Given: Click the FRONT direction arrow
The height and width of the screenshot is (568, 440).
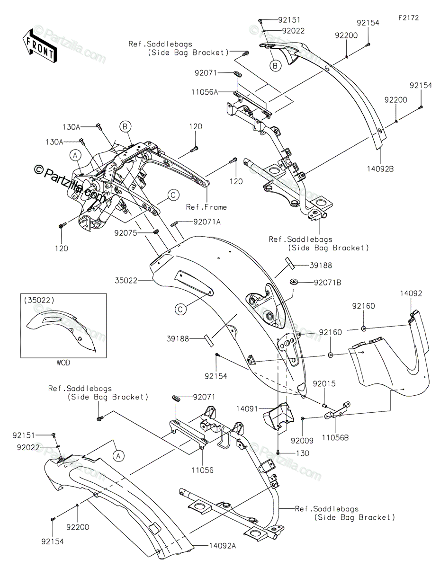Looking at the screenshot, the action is coord(39,47).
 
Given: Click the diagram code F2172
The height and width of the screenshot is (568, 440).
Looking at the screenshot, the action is coord(409,18).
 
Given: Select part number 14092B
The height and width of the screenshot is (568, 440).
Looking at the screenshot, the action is coord(380,169).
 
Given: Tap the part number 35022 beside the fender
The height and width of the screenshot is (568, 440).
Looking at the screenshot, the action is coord(126,281).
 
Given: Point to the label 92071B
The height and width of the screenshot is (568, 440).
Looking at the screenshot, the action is coord(327,283).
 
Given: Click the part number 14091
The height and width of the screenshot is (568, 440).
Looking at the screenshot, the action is coord(247,409).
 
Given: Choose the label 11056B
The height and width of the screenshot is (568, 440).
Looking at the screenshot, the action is coord(335,437).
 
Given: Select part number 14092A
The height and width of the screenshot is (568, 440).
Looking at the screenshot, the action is coord(223,546).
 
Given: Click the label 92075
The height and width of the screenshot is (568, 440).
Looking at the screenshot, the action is coord(126,233).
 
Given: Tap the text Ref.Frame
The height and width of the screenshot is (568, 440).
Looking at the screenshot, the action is coord(207,207).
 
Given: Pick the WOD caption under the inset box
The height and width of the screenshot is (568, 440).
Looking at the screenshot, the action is coord(63,363).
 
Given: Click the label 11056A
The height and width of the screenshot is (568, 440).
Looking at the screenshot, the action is coord(205,92).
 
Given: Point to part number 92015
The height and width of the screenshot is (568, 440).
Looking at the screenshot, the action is coord(324,384).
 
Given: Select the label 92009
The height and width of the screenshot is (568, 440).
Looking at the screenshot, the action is coord(302,441).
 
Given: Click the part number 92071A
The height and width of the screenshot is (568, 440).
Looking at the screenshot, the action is coord(207,222).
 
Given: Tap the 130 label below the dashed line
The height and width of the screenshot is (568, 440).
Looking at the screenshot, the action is coord(302,453).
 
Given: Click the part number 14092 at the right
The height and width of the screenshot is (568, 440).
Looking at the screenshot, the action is coord(411,293).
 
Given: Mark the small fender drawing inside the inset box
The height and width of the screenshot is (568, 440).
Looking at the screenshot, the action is coord(61,330).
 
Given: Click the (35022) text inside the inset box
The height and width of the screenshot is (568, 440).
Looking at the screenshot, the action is coord(39,301).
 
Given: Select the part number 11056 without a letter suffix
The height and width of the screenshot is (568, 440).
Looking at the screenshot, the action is coord(202,470).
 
